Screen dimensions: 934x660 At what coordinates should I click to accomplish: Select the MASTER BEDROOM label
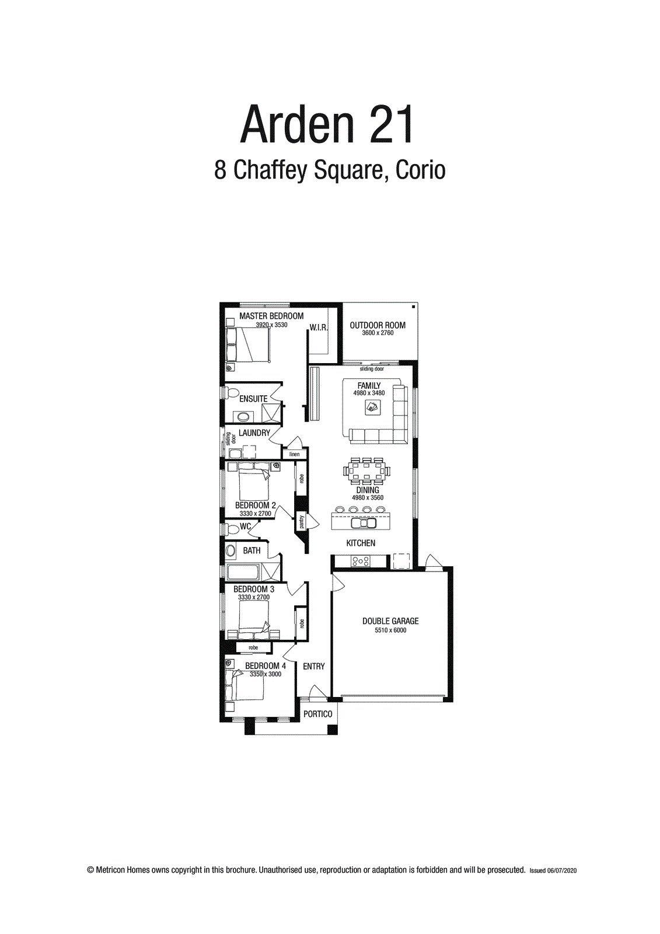271,316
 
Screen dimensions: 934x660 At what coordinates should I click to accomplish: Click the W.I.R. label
319,327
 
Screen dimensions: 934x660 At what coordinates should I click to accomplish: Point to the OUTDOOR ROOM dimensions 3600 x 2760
378,333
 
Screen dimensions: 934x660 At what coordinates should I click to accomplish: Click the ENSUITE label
253,399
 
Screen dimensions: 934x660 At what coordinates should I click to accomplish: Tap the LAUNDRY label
254,433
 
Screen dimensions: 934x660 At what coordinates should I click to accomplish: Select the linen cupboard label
295,454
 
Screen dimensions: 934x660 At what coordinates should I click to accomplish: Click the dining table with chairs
367,471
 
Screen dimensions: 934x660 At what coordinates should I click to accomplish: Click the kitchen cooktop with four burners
360,562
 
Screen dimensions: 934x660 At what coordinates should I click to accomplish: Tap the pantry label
302,521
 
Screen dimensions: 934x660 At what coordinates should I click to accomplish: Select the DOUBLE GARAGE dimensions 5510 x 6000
390,630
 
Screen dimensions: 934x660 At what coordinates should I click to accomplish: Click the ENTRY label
314,666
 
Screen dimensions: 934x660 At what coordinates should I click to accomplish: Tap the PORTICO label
318,714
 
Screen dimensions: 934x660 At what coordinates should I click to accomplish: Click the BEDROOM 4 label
266,665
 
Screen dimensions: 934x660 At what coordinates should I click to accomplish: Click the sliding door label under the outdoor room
372,369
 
